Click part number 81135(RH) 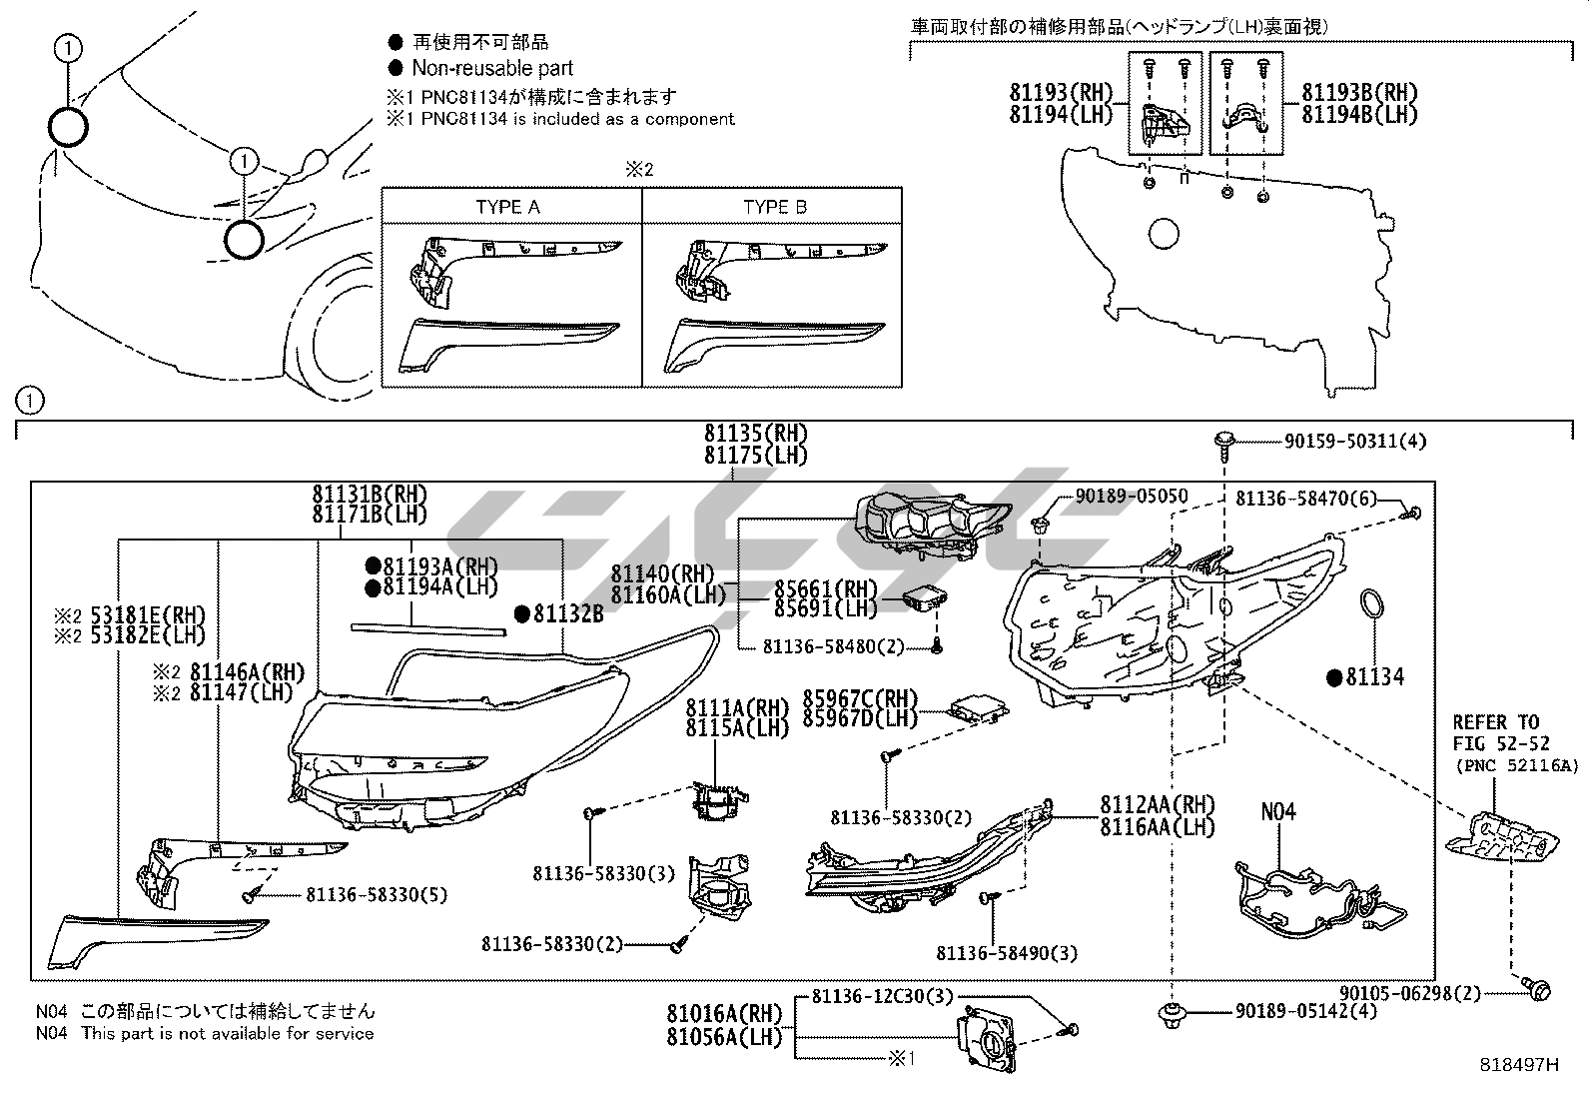click(755, 434)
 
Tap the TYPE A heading click(507, 207)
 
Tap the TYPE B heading click(774, 207)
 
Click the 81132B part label click(567, 613)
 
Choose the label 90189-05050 click(1132, 497)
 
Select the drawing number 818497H click(1518, 1065)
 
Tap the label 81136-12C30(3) click(882, 996)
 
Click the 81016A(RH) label click(725, 1014)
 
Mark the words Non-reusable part click(492, 68)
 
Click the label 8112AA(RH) click(1158, 806)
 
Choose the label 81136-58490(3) click(1007, 953)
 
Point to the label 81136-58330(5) click(377, 895)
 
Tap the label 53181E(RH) click(146, 615)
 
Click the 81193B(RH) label click(1359, 93)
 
